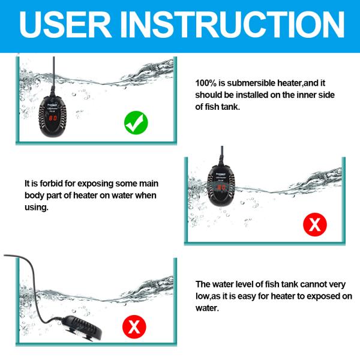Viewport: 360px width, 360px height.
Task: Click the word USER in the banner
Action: (65, 25)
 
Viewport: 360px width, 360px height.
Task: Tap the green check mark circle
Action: (136, 122)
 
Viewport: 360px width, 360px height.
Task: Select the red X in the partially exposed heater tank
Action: (315, 224)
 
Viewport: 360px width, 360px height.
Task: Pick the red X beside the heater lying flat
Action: (134, 327)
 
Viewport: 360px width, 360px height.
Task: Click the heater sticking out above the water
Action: (221, 185)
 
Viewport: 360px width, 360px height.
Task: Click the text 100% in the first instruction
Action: (206, 83)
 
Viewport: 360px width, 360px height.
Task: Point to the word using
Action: (37, 208)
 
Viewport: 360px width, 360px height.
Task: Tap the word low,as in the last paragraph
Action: (208, 296)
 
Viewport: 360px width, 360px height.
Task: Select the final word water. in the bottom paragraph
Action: (207, 308)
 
